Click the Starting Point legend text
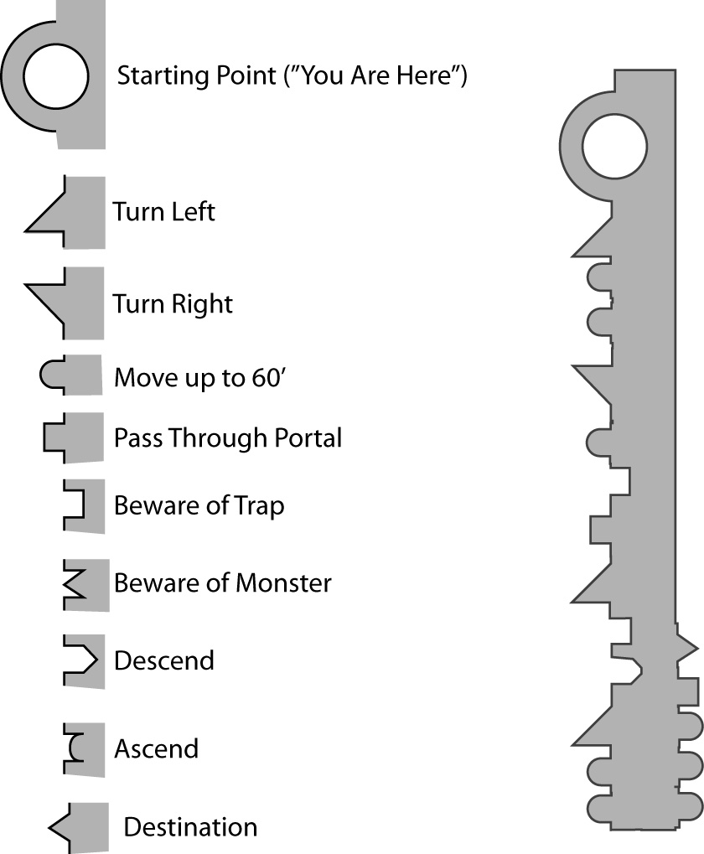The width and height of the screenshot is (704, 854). point(292,77)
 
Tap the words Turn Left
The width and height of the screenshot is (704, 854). point(164,211)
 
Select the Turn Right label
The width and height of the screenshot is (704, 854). point(173,303)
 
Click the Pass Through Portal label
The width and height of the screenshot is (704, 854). point(228,437)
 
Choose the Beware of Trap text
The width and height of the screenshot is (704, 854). point(199,506)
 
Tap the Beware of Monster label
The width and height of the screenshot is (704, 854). point(222,582)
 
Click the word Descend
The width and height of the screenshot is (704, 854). point(164,660)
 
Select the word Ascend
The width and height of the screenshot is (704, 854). point(156,748)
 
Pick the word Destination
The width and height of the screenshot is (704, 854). point(190,827)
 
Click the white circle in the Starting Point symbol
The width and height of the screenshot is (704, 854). point(55,78)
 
